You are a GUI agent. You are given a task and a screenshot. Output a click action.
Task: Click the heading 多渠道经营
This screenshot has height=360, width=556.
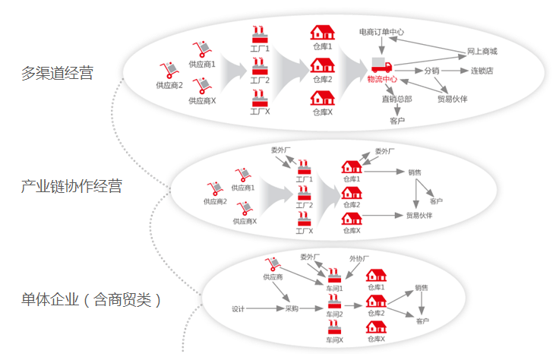(57, 74)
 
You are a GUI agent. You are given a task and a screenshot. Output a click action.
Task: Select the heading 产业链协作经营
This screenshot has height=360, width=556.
(71, 186)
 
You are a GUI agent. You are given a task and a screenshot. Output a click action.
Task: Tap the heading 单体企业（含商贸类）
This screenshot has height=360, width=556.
(91, 299)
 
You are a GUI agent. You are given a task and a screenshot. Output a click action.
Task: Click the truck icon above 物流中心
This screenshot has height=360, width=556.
(381, 66)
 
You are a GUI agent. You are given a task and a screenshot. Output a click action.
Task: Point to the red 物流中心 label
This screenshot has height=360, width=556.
(382, 79)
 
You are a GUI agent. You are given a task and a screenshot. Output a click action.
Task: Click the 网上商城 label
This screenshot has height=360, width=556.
(482, 51)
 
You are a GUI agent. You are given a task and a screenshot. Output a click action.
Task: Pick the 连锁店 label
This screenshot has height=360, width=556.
(482, 71)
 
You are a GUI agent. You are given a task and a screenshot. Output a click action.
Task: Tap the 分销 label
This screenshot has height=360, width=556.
(431, 71)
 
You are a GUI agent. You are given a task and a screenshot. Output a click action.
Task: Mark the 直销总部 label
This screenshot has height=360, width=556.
(396, 99)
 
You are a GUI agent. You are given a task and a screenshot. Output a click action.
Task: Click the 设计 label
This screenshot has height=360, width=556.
(238, 308)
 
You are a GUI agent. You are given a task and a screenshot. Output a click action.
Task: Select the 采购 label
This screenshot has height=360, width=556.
(292, 308)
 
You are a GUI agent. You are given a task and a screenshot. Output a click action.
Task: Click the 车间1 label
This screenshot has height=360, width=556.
(334, 288)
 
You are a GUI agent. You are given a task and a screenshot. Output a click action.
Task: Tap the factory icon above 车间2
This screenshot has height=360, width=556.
(334, 302)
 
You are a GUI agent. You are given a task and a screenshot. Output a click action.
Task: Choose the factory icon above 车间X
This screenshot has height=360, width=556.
(334, 327)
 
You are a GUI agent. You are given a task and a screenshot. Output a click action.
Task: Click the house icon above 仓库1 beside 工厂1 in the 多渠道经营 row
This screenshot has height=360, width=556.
(322, 33)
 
